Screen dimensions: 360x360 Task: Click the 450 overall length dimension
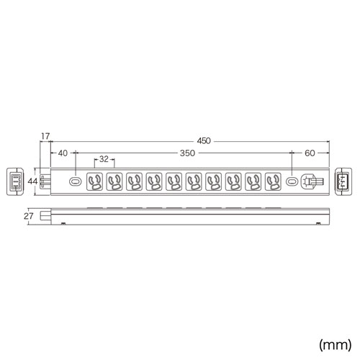tap(204, 140)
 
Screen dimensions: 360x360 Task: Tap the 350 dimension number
tap(187, 153)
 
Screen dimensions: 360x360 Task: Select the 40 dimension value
tap(63, 153)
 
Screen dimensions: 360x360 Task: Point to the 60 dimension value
tap(310, 153)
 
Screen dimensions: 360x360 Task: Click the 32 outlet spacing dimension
tap(104, 159)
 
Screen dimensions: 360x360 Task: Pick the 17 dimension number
tap(45, 136)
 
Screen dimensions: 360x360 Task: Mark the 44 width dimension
tap(32, 181)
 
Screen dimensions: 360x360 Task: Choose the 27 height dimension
tap(28, 216)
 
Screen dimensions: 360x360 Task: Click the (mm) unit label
tap(335, 345)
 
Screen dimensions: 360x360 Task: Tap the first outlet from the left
tap(94, 181)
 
